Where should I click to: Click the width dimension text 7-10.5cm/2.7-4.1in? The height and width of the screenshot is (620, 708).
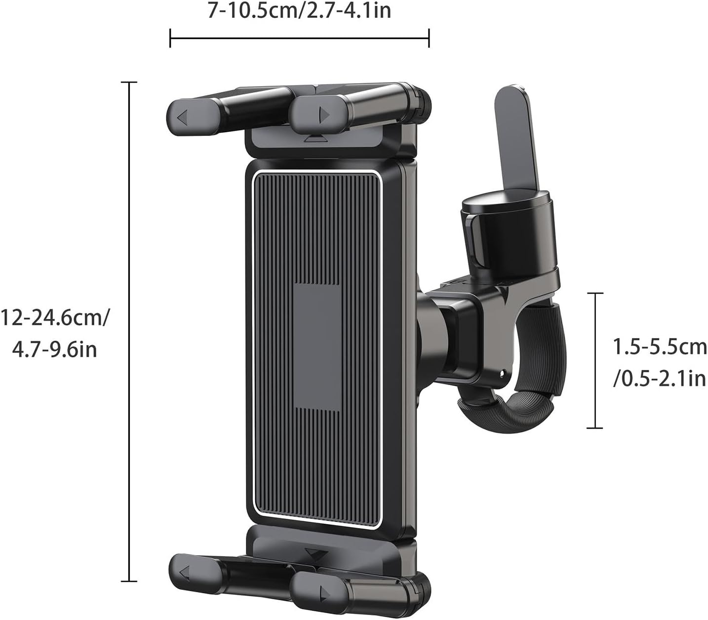pyautogui.click(x=299, y=10)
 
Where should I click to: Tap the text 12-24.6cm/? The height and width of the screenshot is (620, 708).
pyautogui.click(x=55, y=318)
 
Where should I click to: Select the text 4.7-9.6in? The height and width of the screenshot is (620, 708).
pyautogui.click(x=54, y=350)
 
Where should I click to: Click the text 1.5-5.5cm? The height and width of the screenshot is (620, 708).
pyautogui.click(x=660, y=347)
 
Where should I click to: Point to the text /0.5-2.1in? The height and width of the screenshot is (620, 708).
pyautogui.click(x=659, y=379)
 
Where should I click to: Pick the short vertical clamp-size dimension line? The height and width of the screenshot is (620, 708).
pyautogui.click(x=595, y=360)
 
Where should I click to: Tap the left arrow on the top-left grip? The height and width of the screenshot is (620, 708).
pyautogui.click(x=183, y=118)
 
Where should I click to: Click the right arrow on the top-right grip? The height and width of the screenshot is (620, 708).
pyautogui.click(x=324, y=115)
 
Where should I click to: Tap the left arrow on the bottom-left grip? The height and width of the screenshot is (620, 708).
pyautogui.click(x=185, y=573)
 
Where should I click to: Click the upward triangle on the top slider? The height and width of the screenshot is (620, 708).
pyautogui.click(x=315, y=139)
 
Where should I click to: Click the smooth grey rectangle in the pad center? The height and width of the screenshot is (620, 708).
pyautogui.click(x=316, y=346)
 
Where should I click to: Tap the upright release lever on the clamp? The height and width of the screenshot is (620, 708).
pyautogui.click(x=516, y=138)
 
